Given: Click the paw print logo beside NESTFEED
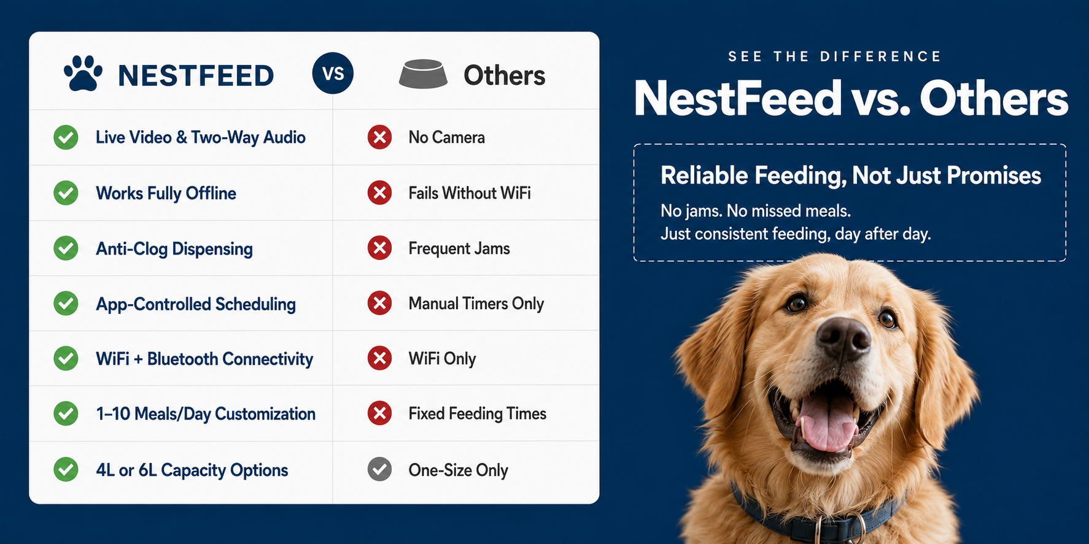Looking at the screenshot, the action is (x=83, y=74).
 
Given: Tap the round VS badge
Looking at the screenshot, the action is (x=333, y=74).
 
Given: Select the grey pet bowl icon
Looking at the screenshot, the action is (x=423, y=74).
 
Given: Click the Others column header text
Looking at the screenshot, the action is (x=504, y=75).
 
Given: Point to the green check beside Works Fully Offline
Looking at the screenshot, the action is (x=66, y=193).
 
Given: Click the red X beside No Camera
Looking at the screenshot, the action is (x=379, y=137).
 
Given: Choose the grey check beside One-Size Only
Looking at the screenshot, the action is (x=379, y=470).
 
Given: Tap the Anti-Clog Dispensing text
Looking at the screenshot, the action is (x=174, y=249).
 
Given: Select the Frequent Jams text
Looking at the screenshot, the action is (x=459, y=248).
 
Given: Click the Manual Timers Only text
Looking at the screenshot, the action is (x=476, y=304).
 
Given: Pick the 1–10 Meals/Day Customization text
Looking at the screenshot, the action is (x=206, y=414).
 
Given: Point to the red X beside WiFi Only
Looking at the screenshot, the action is (x=379, y=358).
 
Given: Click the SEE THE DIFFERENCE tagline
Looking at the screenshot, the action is (x=834, y=56).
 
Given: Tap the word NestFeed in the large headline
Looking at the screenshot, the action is (x=737, y=98).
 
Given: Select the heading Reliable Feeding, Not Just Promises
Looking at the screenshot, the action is (x=851, y=176).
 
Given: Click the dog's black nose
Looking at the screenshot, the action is (x=843, y=337).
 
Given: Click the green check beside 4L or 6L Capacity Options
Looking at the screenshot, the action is (x=66, y=470).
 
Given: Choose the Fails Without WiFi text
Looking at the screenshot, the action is (x=470, y=193).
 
